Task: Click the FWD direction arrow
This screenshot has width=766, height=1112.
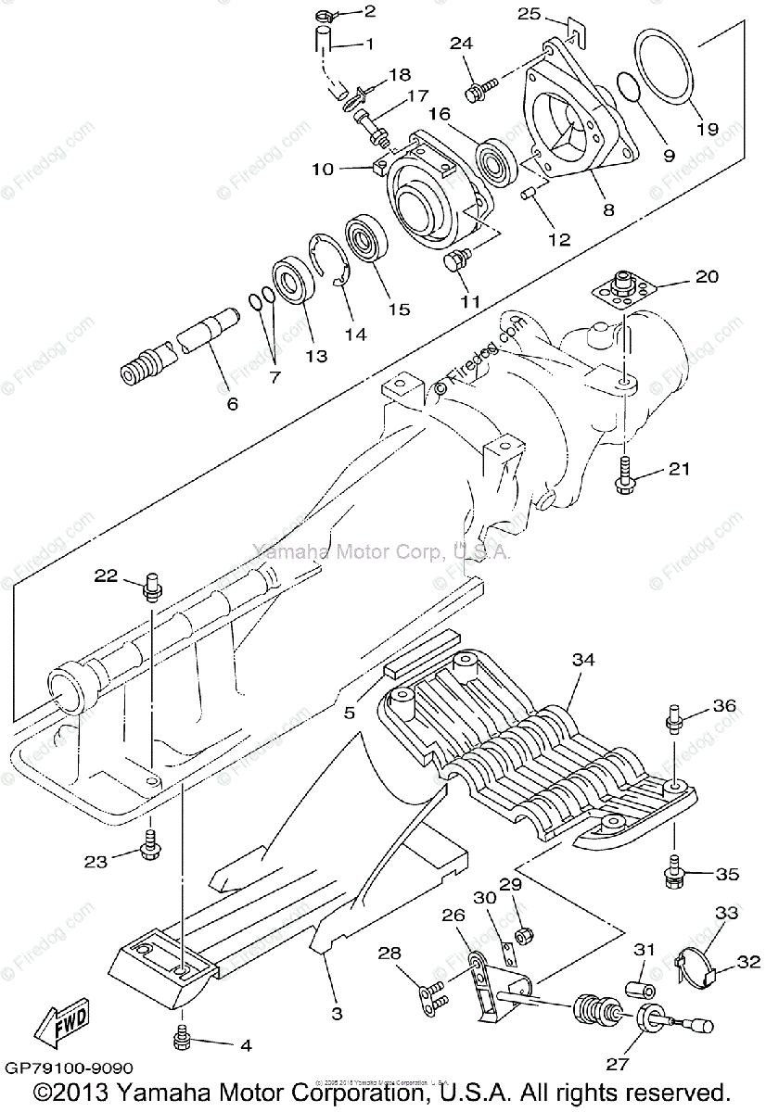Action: tap(63, 1024)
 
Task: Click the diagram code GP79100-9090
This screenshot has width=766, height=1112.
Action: tap(68, 1068)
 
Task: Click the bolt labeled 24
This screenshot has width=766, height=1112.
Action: tap(478, 90)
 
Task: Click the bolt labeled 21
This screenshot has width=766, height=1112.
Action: tap(622, 472)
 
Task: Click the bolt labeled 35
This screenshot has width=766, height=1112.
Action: tap(674, 870)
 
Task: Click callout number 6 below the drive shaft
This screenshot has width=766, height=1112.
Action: tap(232, 403)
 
